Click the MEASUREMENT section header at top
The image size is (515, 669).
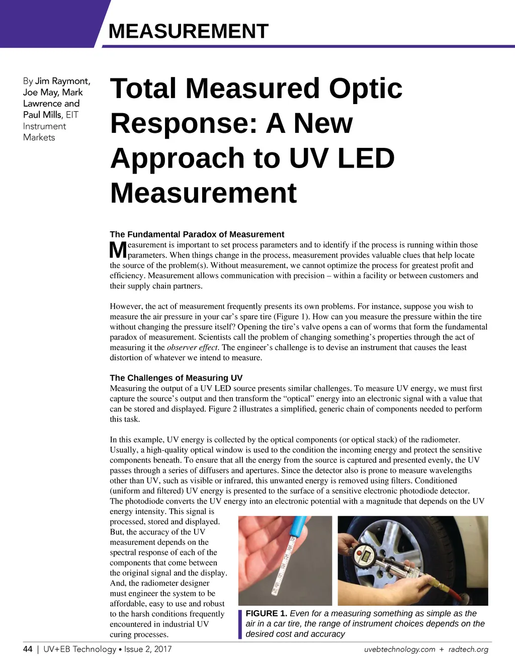[189, 31]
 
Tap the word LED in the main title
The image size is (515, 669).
[366, 158]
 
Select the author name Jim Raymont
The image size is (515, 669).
[62, 81]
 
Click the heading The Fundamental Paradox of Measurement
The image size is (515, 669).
[197, 234]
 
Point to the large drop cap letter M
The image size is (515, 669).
[118, 250]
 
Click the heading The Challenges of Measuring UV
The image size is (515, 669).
[176, 378]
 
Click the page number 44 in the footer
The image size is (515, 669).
[28, 649]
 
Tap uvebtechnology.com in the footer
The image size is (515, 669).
[399, 649]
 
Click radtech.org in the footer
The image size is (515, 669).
[468, 649]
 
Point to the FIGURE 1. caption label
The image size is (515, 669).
[266, 613]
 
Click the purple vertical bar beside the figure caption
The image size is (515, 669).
[240, 624]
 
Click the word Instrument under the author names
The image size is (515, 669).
[44, 126]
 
